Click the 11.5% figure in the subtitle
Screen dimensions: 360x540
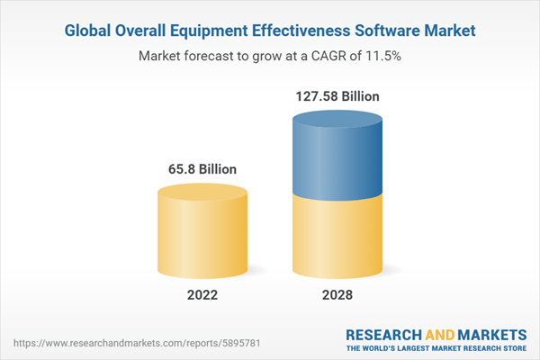(x=382, y=56)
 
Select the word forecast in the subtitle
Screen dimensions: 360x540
(x=210, y=56)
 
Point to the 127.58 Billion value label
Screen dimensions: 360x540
(x=337, y=95)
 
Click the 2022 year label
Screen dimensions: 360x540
(x=202, y=294)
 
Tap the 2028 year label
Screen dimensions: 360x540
(x=337, y=294)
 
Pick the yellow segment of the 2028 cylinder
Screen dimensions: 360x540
(x=337, y=238)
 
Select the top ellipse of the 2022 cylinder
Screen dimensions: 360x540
(x=202, y=193)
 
